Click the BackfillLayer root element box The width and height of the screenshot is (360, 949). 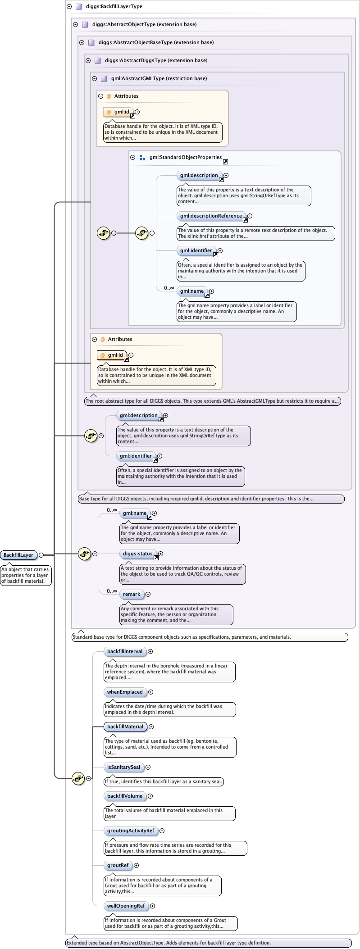point(18,555)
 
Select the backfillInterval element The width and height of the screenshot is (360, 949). point(124,651)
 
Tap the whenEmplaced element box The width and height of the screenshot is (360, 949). point(124,692)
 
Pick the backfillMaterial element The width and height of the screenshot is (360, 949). point(125,727)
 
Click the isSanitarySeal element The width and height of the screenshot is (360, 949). point(123,767)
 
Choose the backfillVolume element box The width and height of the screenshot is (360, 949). point(124,796)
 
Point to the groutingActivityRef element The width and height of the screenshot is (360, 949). point(131,831)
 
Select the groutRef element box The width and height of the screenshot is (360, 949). point(118,865)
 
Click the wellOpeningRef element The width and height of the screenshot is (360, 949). point(126,906)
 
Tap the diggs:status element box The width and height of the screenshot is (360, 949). point(138,554)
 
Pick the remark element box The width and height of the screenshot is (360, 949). point(132,594)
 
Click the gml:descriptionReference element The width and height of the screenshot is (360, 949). point(211,216)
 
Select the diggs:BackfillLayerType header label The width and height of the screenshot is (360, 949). point(114,6)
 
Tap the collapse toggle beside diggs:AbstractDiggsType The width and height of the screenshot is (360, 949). point(88,60)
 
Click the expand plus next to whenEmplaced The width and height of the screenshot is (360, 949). point(151,692)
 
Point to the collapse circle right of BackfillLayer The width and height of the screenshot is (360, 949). point(41,555)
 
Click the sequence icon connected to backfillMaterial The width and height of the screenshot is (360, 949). point(78,778)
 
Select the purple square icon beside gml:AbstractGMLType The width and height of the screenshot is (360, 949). point(104,78)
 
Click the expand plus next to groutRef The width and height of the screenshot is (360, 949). point(137,865)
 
